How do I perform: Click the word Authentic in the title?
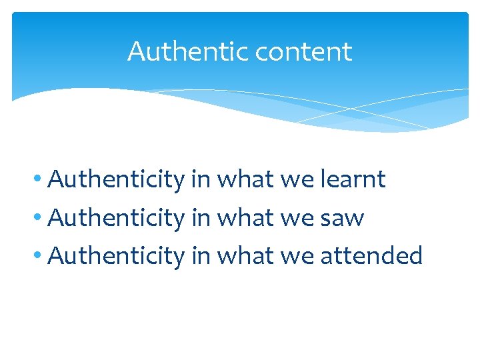point(175,51)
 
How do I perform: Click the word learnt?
point(352,179)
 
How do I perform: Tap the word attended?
point(372,255)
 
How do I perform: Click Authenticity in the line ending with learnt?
point(117,179)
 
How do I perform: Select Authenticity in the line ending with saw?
point(117,217)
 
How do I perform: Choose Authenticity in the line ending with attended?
point(117,255)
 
